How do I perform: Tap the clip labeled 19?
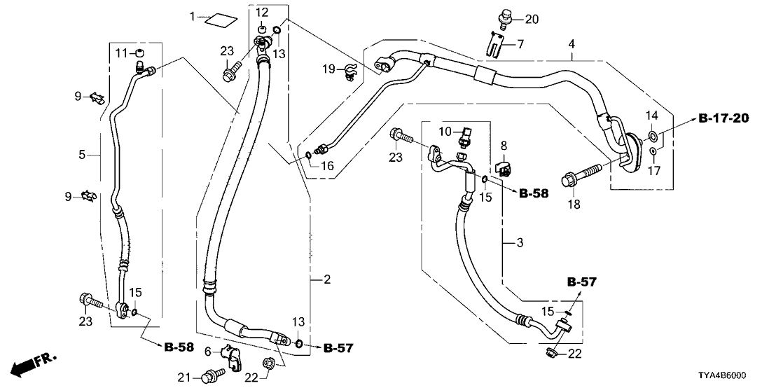pyautogui.click(x=350, y=70)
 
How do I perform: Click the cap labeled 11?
pyautogui.click(x=139, y=54)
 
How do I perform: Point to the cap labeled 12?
pyautogui.click(x=261, y=29)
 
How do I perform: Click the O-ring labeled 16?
pyautogui.click(x=307, y=155)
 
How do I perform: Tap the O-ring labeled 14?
pyautogui.click(x=652, y=134)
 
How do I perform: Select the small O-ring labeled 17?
pyautogui.click(x=652, y=152)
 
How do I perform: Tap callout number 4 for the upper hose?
pyautogui.click(x=572, y=44)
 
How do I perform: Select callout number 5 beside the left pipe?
pyautogui.click(x=83, y=154)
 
